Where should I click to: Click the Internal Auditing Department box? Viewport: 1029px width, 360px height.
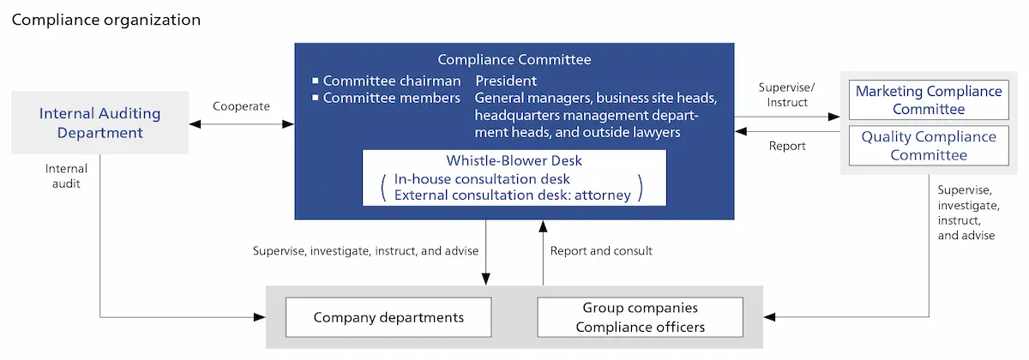point(99,123)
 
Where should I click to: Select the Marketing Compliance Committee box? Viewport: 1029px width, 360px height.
point(929,99)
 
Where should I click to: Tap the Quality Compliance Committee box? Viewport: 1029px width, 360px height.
point(929,146)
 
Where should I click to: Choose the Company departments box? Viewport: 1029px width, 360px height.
point(388,317)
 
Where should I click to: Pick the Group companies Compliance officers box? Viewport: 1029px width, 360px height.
point(640,317)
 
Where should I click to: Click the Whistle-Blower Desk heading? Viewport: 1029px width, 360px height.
point(514,160)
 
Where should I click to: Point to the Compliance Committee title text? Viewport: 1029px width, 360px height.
point(514,59)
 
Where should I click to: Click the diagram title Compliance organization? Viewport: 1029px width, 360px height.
point(106,20)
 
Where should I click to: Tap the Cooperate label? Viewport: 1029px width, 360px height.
point(241,106)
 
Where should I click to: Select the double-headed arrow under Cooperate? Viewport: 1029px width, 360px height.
point(242,124)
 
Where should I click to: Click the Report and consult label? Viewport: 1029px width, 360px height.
point(601,250)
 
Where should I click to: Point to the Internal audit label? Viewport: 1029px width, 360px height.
point(66,176)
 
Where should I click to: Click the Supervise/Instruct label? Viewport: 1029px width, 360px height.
point(787,94)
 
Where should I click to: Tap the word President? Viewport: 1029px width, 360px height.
point(506,81)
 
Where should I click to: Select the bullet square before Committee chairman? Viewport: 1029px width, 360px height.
point(316,81)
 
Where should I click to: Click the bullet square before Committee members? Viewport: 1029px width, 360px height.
point(316,98)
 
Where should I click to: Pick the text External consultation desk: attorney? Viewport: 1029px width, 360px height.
point(512,195)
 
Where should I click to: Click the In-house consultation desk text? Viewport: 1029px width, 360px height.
point(482,178)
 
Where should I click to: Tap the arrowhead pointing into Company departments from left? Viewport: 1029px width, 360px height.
point(260,317)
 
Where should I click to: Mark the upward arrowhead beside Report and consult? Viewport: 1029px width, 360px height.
point(543,226)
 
